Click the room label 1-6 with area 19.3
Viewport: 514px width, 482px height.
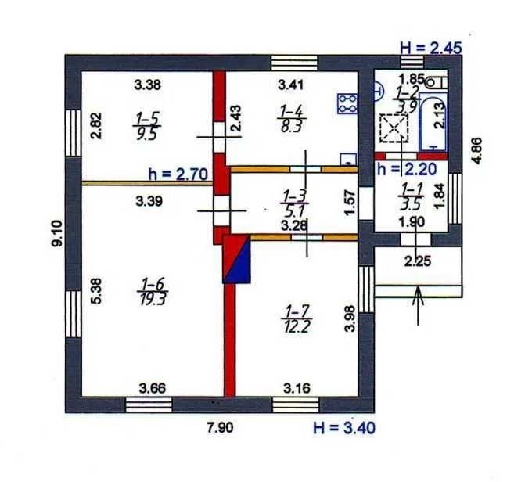pyautogui.click(x=153, y=291)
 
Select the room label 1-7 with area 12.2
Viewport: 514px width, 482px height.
pyautogui.click(x=297, y=318)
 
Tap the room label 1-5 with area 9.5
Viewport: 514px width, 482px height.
pyautogui.click(x=146, y=126)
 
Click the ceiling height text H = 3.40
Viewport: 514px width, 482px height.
pyautogui.click(x=344, y=428)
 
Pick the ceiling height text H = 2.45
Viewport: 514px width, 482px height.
pyautogui.click(x=431, y=48)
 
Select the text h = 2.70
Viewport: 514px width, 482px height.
pyautogui.click(x=178, y=174)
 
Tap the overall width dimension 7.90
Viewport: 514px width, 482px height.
pyautogui.click(x=221, y=427)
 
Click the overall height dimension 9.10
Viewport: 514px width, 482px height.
pyautogui.click(x=56, y=233)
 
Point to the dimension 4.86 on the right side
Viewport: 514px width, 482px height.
pyautogui.click(x=476, y=150)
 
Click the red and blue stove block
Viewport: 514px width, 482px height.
pyautogui.click(x=236, y=259)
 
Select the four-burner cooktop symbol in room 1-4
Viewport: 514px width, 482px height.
pyautogui.click(x=347, y=103)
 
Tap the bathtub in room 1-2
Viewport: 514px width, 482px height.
pyautogui.click(x=433, y=121)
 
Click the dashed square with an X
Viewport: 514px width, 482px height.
pyautogui.click(x=394, y=128)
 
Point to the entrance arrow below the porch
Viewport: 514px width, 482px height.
pyautogui.click(x=418, y=306)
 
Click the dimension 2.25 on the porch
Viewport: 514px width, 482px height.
pyautogui.click(x=418, y=261)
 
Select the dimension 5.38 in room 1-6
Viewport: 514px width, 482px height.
pyautogui.click(x=97, y=291)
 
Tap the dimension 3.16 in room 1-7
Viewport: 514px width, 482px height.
pyautogui.click(x=297, y=388)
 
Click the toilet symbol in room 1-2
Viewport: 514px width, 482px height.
pyautogui.click(x=435, y=82)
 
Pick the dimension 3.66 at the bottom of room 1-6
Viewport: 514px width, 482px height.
pyautogui.click(x=153, y=389)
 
